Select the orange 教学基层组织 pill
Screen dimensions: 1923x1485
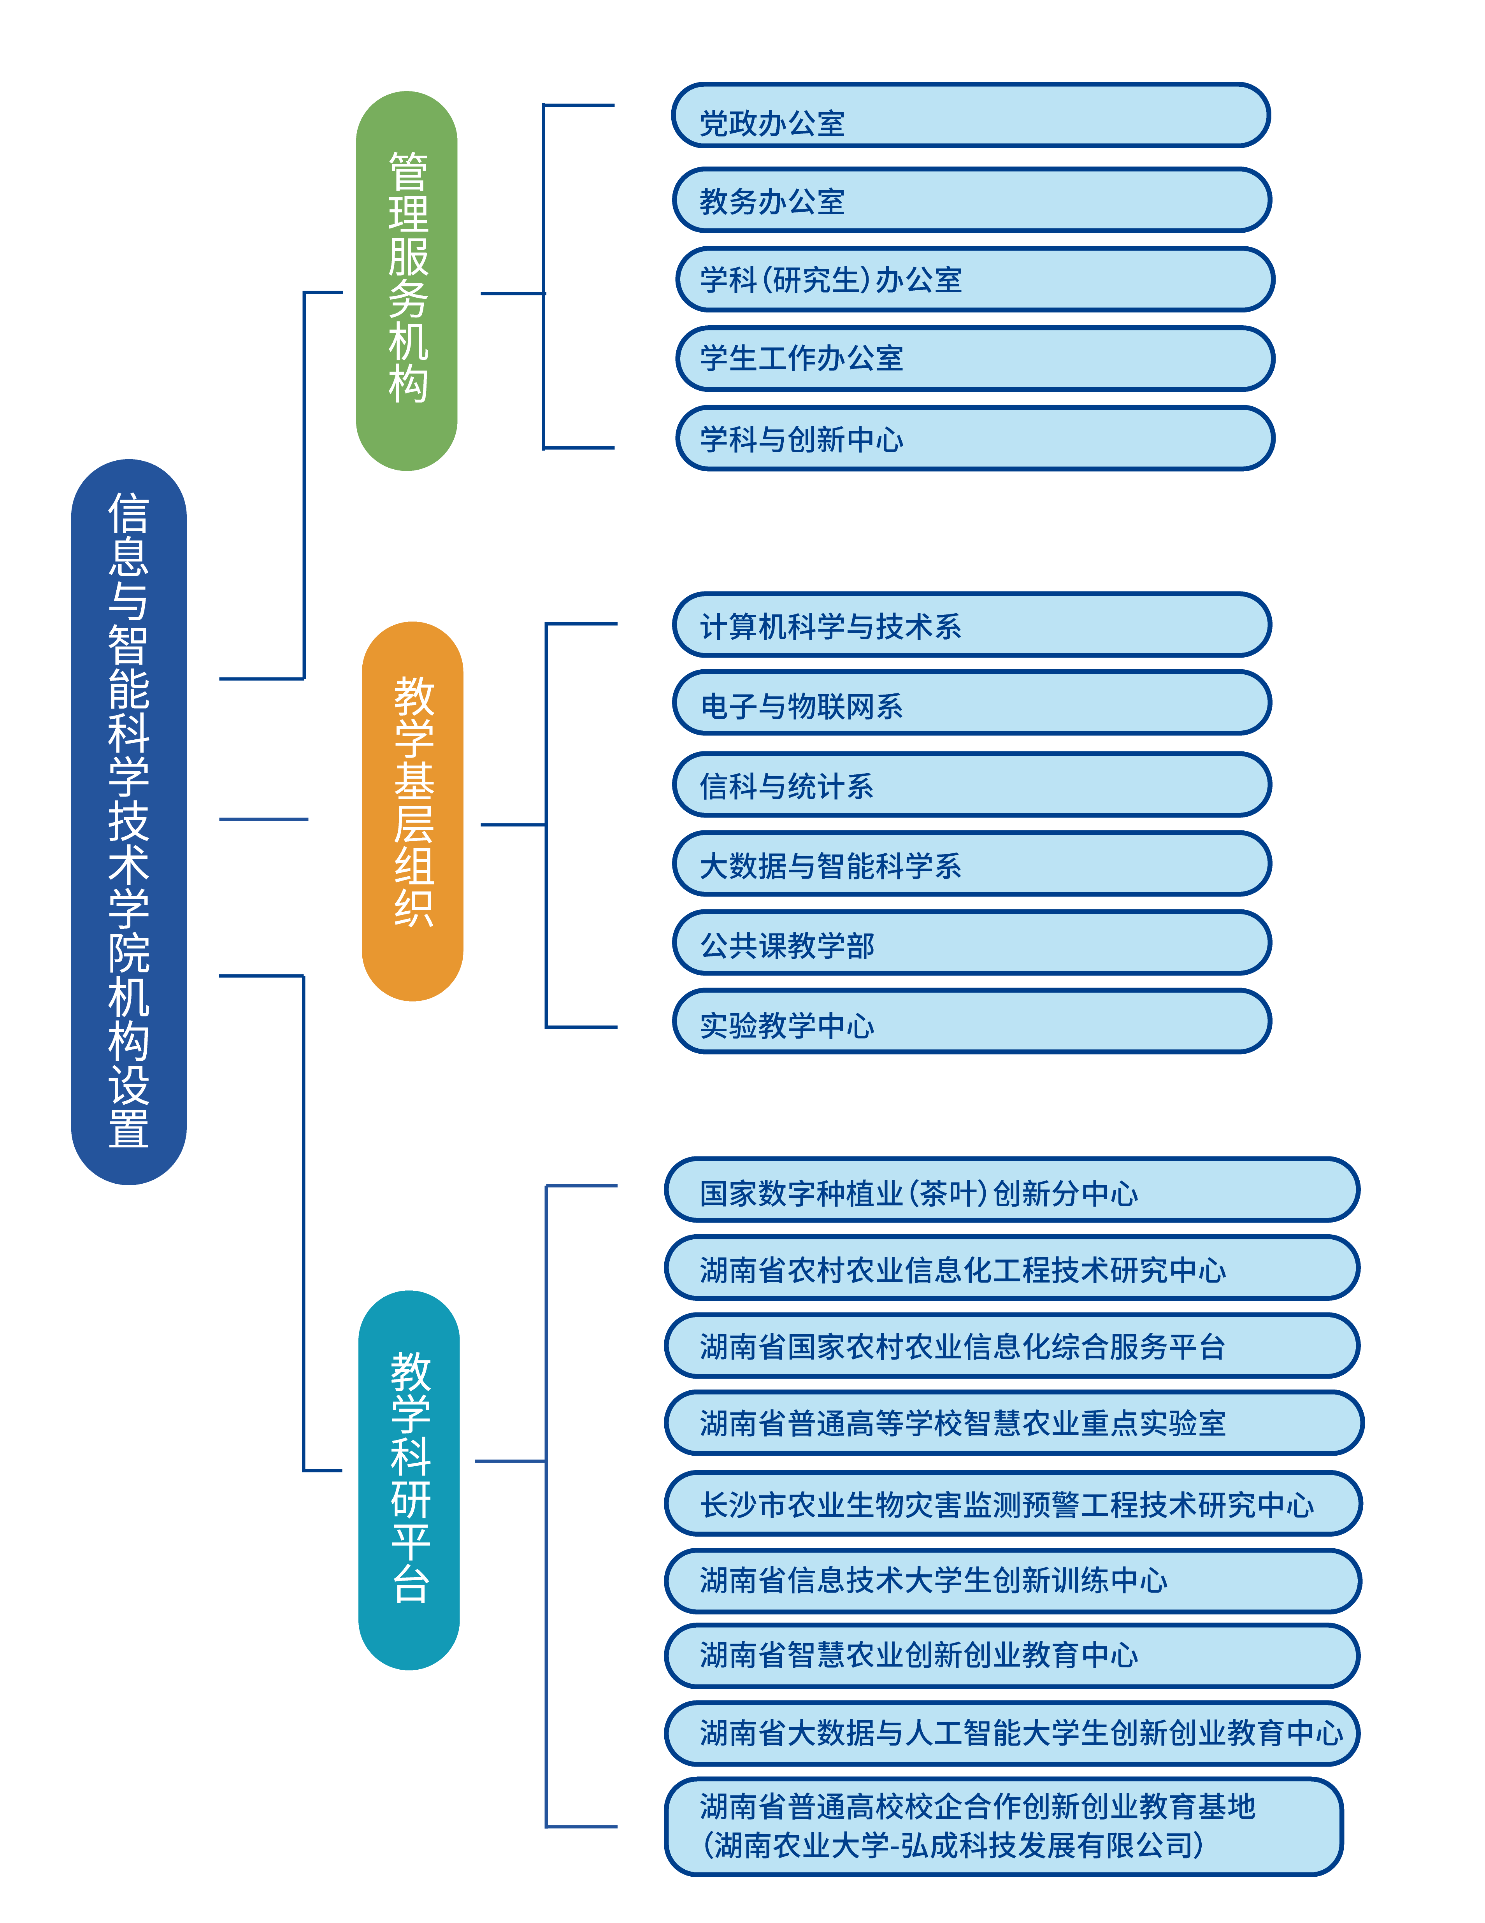412,811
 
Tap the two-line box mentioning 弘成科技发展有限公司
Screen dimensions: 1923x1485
1002,1826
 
